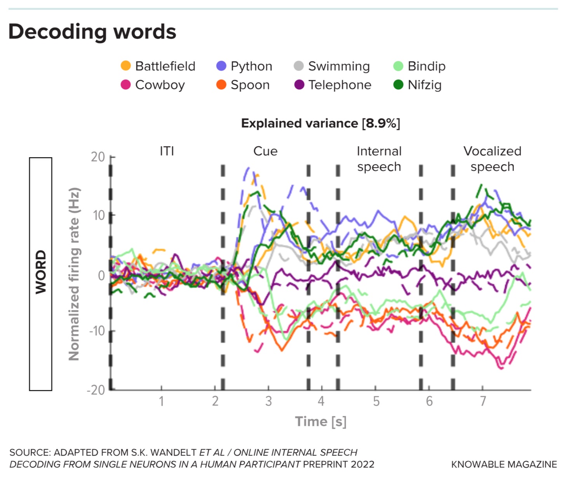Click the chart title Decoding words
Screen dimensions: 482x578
[92, 31]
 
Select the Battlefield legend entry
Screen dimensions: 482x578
[158, 66]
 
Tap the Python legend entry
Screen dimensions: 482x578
[244, 66]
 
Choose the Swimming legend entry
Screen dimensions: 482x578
[332, 66]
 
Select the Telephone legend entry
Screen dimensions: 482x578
[333, 85]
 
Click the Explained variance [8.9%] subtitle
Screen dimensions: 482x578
[320, 123]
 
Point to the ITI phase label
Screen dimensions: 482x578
[167, 151]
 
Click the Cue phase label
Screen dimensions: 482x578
[265, 151]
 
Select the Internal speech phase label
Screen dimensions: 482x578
[379, 159]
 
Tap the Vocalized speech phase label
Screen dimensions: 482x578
[492, 159]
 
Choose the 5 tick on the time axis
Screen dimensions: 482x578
[376, 401]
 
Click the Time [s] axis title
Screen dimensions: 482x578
[320, 421]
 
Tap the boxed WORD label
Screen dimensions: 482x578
[40, 274]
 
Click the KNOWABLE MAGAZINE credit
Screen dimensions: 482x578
[504, 464]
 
